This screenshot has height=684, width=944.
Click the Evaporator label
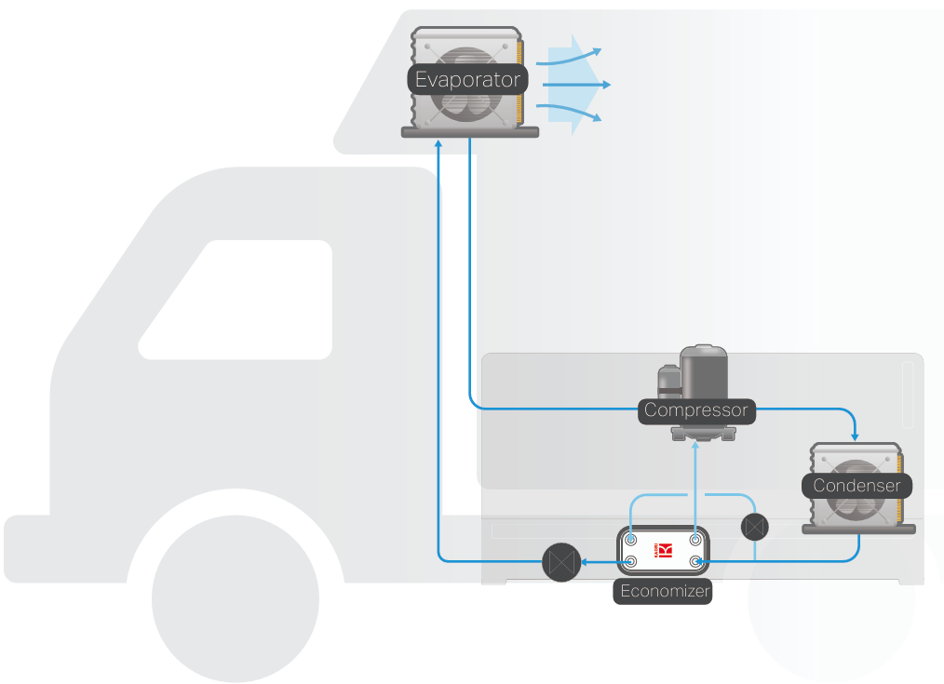pos(467,79)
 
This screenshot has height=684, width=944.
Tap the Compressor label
pos(695,410)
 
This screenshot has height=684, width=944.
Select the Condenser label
pos(856,485)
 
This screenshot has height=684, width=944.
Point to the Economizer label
pos(664,591)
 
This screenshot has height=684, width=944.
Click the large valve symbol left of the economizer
pos(560,562)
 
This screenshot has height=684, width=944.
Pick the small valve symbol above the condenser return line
pos(755,527)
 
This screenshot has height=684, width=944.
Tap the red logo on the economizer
pos(664,550)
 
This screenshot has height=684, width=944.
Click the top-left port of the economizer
pos(632,540)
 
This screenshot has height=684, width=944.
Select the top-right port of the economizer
pos(695,540)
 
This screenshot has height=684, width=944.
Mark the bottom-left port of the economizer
pos(632,561)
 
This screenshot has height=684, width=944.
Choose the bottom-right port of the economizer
pos(695,561)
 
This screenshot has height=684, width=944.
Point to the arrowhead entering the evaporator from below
pos(438,144)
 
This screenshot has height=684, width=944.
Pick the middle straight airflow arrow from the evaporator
pos(577,85)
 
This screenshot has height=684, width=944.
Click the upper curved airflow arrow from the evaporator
pos(573,56)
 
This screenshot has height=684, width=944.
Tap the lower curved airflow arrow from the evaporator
pos(573,114)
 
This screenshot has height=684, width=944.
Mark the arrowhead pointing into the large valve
pos(581,562)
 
